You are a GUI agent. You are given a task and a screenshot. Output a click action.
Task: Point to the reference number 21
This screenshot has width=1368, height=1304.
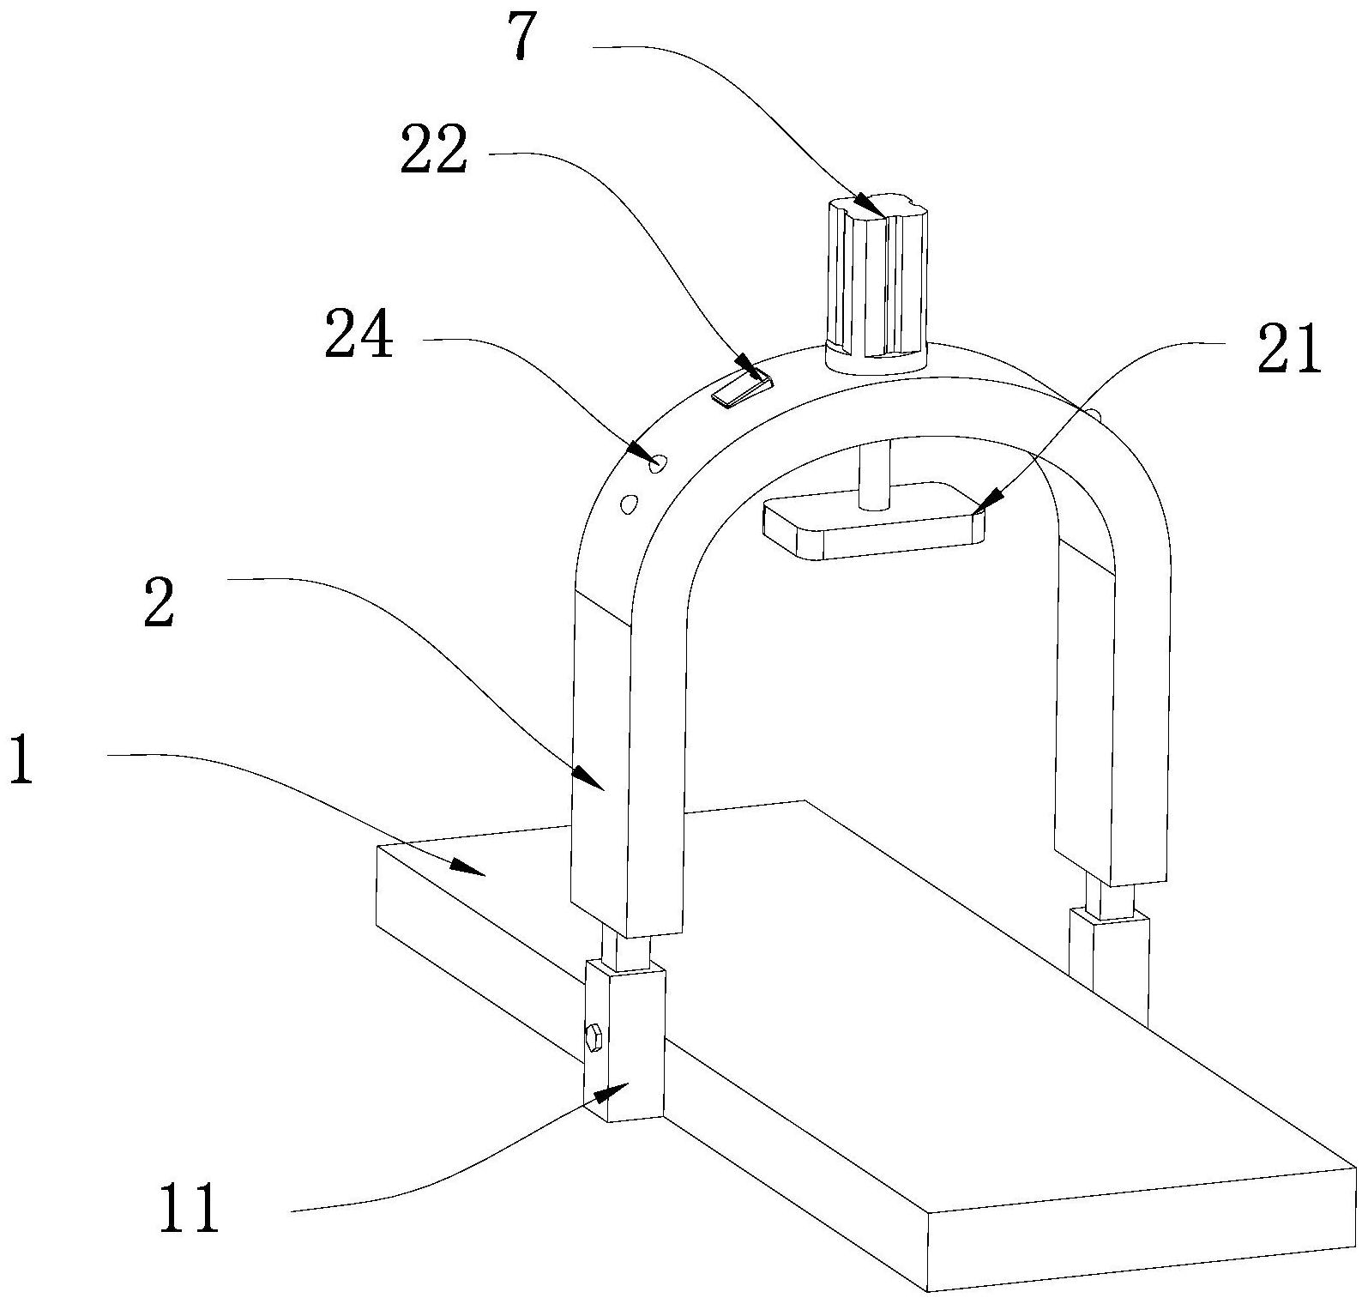point(1289,350)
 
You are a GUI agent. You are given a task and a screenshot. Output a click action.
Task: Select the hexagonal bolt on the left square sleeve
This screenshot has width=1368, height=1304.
point(594,1039)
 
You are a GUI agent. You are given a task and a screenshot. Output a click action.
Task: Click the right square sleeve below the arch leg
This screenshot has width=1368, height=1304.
point(1109,967)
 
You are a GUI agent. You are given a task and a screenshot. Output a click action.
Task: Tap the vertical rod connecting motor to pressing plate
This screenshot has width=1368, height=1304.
point(875,474)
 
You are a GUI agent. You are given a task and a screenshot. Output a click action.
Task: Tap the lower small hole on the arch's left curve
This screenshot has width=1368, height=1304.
point(629,504)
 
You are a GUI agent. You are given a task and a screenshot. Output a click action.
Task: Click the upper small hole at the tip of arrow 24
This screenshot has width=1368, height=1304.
point(659,463)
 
